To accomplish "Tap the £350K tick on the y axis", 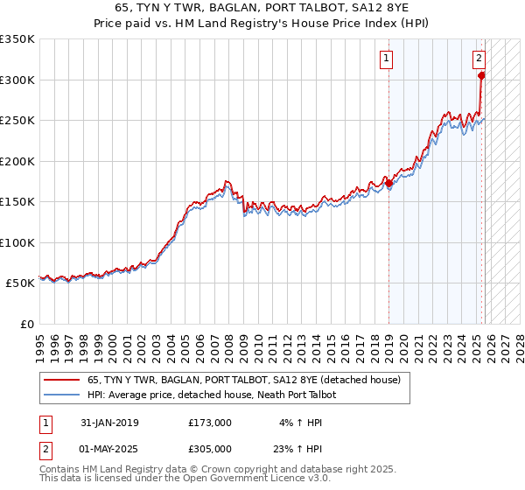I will coord(17,39).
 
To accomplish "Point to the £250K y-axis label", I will coord(17,121).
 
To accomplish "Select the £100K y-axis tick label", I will coord(17,242).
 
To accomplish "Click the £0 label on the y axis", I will coord(25,324).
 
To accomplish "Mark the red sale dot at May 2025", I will coord(481,76).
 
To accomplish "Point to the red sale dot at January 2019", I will coord(389,184).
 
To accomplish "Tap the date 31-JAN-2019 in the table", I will coord(109,423).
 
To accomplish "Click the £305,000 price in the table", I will coord(210,449).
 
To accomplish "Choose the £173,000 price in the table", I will coord(210,423).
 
